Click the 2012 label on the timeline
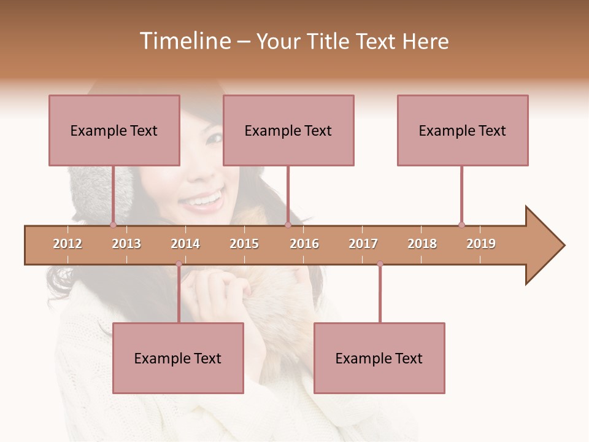(x=67, y=244)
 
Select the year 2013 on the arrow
(x=126, y=244)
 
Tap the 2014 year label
(x=185, y=244)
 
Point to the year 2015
(x=244, y=244)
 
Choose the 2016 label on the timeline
(x=304, y=244)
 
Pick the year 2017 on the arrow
(x=363, y=244)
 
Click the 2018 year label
(x=422, y=244)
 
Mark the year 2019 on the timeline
(x=481, y=244)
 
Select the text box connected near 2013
(x=114, y=130)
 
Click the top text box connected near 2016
(x=288, y=130)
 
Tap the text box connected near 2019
(x=463, y=130)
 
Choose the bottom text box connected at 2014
(x=178, y=358)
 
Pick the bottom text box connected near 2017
(x=379, y=358)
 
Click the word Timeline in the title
(x=185, y=41)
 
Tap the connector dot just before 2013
(x=113, y=225)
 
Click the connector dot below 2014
(x=179, y=264)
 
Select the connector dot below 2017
(x=380, y=264)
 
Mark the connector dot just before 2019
(x=461, y=225)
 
